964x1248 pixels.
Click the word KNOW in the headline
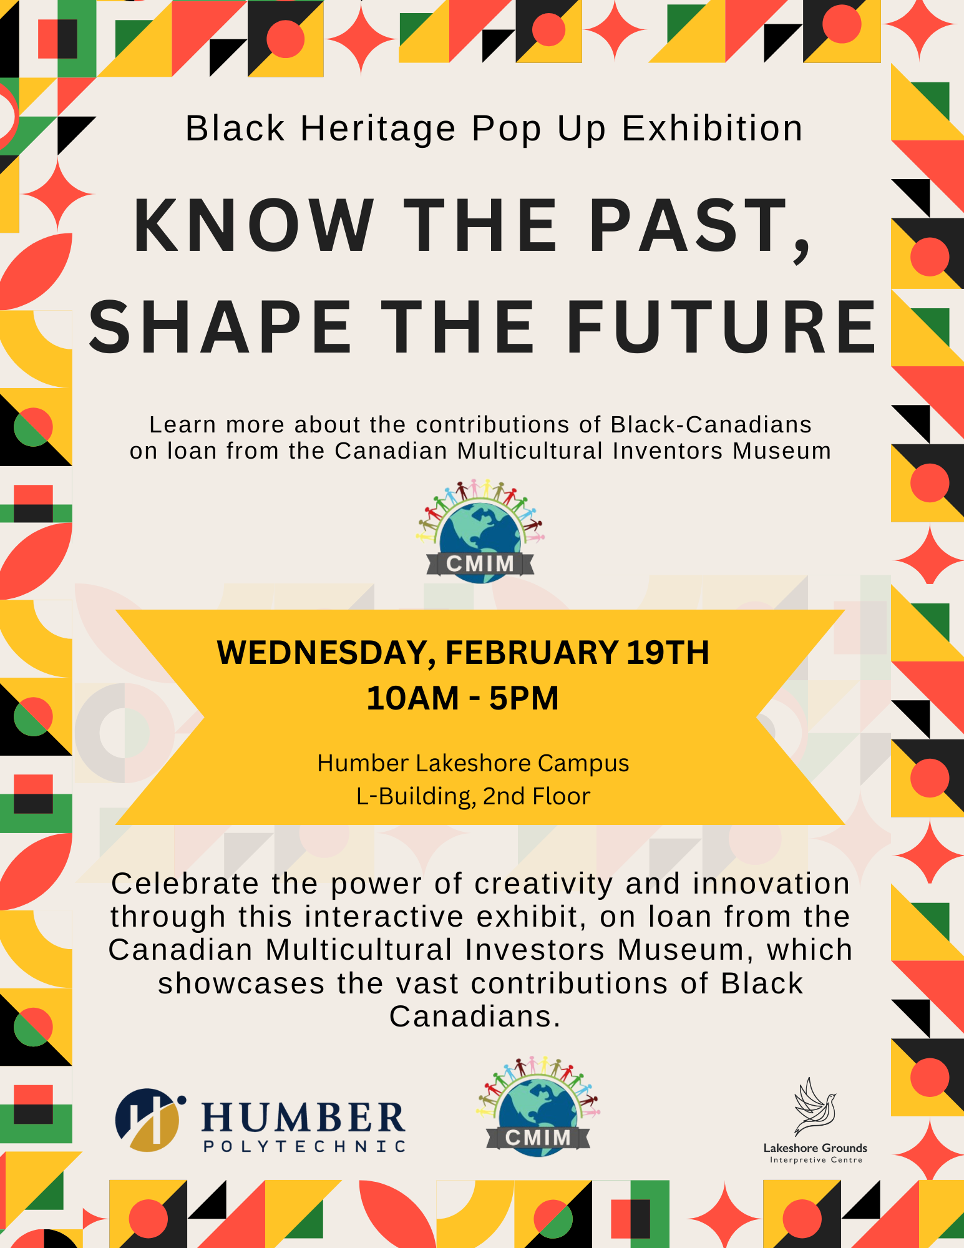pyautogui.click(x=254, y=225)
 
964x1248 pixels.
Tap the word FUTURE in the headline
pyautogui.click(x=721, y=327)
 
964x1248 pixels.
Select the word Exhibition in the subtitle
pyautogui.click(x=713, y=129)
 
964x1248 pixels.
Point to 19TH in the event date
pyautogui.click(x=668, y=653)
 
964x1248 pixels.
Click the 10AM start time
pyautogui.click(x=412, y=698)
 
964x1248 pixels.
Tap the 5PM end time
pyautogui.click(x=524, y=698)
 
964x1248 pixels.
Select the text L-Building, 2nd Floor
pyautogui.click(x=473, y=796)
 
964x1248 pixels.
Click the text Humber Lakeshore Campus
pyautogui.click(x=473, y=763)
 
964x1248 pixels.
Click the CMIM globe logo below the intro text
pyautogui.click(x=480, y=532)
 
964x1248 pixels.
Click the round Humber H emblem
pyautogui.click(x=150, y=1120)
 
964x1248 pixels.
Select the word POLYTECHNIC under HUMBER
pyautogui.click(x=305, y=1146)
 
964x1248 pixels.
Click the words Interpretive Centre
pyautogui.click(x=816, y=1160)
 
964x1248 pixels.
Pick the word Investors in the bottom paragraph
pyautogui.click(x=535, y=950)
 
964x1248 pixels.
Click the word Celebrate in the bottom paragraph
pyautogui.click(x=185, y=884)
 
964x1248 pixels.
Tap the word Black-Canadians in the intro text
pyautogui.click(x=711, y=425)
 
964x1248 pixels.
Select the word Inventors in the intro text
pyautogui.click(x=668, y=451)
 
